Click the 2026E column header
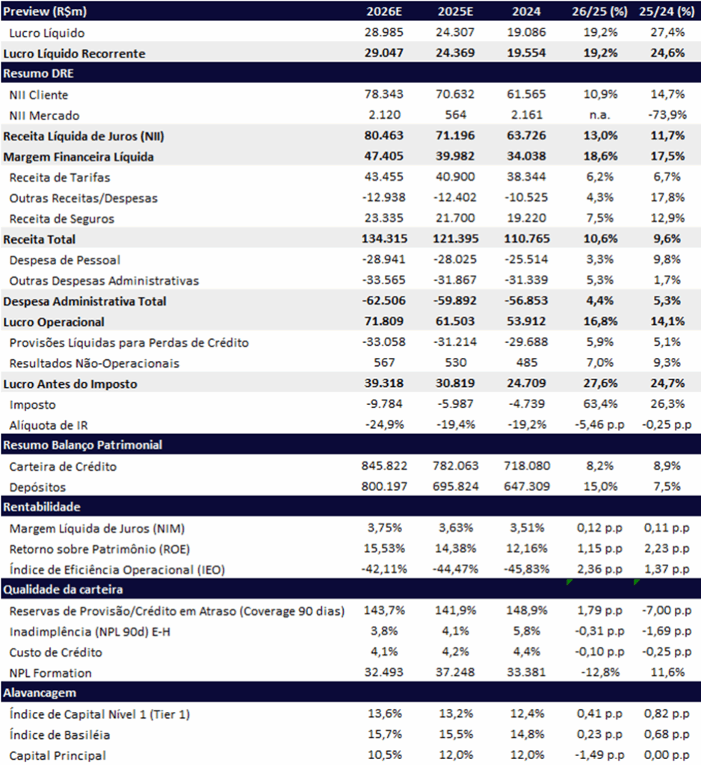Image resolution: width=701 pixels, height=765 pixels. point(384,11)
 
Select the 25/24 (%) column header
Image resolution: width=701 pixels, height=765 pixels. point(667,11)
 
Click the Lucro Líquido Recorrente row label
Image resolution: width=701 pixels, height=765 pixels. point(74,53)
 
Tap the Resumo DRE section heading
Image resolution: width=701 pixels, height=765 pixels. point(39,74)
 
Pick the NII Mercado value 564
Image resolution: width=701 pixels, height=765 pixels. point(455,114)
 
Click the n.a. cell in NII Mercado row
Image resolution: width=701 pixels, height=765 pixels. point(599,114)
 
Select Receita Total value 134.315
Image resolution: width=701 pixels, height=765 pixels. point(384,238)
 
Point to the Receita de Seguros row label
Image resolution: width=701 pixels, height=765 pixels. point(61,219)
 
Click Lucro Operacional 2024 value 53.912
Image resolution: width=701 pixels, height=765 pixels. point(526,321)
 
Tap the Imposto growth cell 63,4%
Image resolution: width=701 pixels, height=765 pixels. point(600,404)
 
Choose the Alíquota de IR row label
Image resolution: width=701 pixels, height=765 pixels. point(49,425)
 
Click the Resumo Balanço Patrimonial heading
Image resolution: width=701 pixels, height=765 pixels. point(82,445)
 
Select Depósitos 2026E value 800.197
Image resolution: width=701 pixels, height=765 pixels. point(384,486)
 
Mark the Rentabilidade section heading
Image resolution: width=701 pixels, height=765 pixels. point(42,507)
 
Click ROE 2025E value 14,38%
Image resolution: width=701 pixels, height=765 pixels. point(455,548)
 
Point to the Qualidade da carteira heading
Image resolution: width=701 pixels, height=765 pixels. point(63,589)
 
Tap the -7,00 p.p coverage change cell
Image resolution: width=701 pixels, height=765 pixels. point(667,610)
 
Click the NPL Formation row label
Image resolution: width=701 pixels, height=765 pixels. point(50,673)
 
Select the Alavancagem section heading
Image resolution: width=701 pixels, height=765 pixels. point(40,693)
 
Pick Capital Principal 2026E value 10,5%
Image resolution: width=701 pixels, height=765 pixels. point(384,755)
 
